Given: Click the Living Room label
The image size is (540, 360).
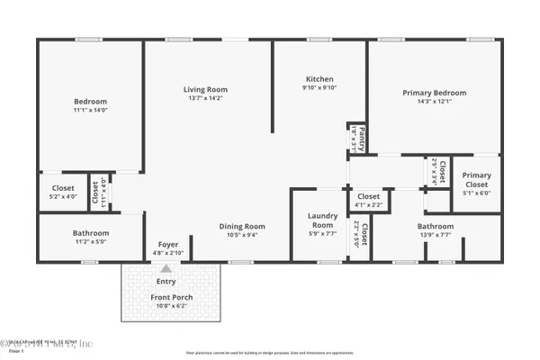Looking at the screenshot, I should tap(205, 89).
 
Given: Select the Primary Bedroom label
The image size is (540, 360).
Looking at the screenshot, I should tap(435, 93).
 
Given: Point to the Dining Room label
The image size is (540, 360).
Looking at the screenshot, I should tap(243, 226).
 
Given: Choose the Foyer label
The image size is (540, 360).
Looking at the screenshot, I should tap(168, 245).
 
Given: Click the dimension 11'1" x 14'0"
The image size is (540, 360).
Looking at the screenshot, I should tap(90, 110).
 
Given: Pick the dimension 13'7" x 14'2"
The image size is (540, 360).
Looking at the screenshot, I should tap(205, 99).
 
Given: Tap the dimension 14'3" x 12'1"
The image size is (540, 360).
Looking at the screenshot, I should tap(435, 102).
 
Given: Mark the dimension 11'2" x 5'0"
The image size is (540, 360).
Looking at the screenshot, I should tap(90, 241).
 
